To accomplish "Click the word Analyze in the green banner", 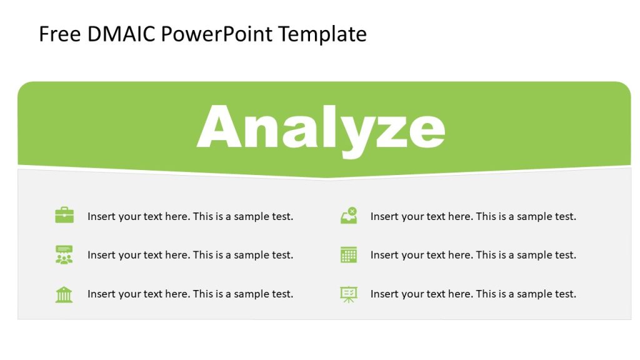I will point(321,127).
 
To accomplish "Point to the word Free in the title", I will point(60,34).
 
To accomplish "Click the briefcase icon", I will point(64,216).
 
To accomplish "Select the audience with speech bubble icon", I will point(64,254).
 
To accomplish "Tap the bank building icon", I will point(64,294).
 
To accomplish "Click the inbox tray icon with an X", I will point(348,216).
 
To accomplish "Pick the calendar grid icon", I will point(348,254).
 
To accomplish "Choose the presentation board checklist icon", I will point(348,294).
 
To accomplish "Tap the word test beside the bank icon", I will point(281,294).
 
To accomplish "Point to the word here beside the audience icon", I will point(177,255).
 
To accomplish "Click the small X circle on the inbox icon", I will point(352,211).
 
